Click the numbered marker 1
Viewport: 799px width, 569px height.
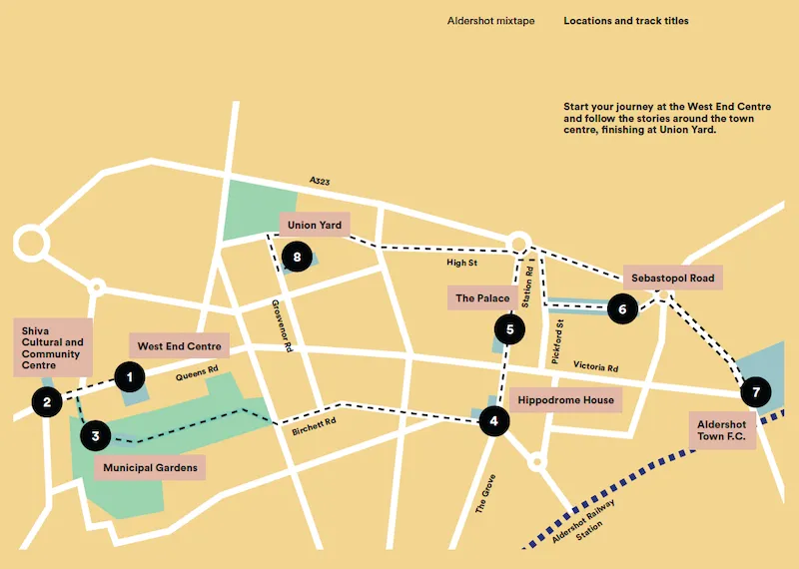129,376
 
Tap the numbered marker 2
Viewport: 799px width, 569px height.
47,402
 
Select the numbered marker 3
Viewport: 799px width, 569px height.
95,435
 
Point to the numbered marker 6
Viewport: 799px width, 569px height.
622,309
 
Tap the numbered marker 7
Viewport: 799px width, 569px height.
756,392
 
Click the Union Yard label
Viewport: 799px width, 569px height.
315,226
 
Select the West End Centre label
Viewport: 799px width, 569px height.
179,346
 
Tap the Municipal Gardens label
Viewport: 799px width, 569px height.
150,467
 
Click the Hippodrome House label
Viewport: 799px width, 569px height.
565,400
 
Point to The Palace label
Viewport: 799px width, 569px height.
482,298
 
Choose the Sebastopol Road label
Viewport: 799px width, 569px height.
674,278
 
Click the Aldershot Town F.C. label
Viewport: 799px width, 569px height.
722,431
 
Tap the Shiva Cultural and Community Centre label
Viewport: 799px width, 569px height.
52,347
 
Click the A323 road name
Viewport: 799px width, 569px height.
320,182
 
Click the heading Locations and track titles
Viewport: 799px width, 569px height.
625,21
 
